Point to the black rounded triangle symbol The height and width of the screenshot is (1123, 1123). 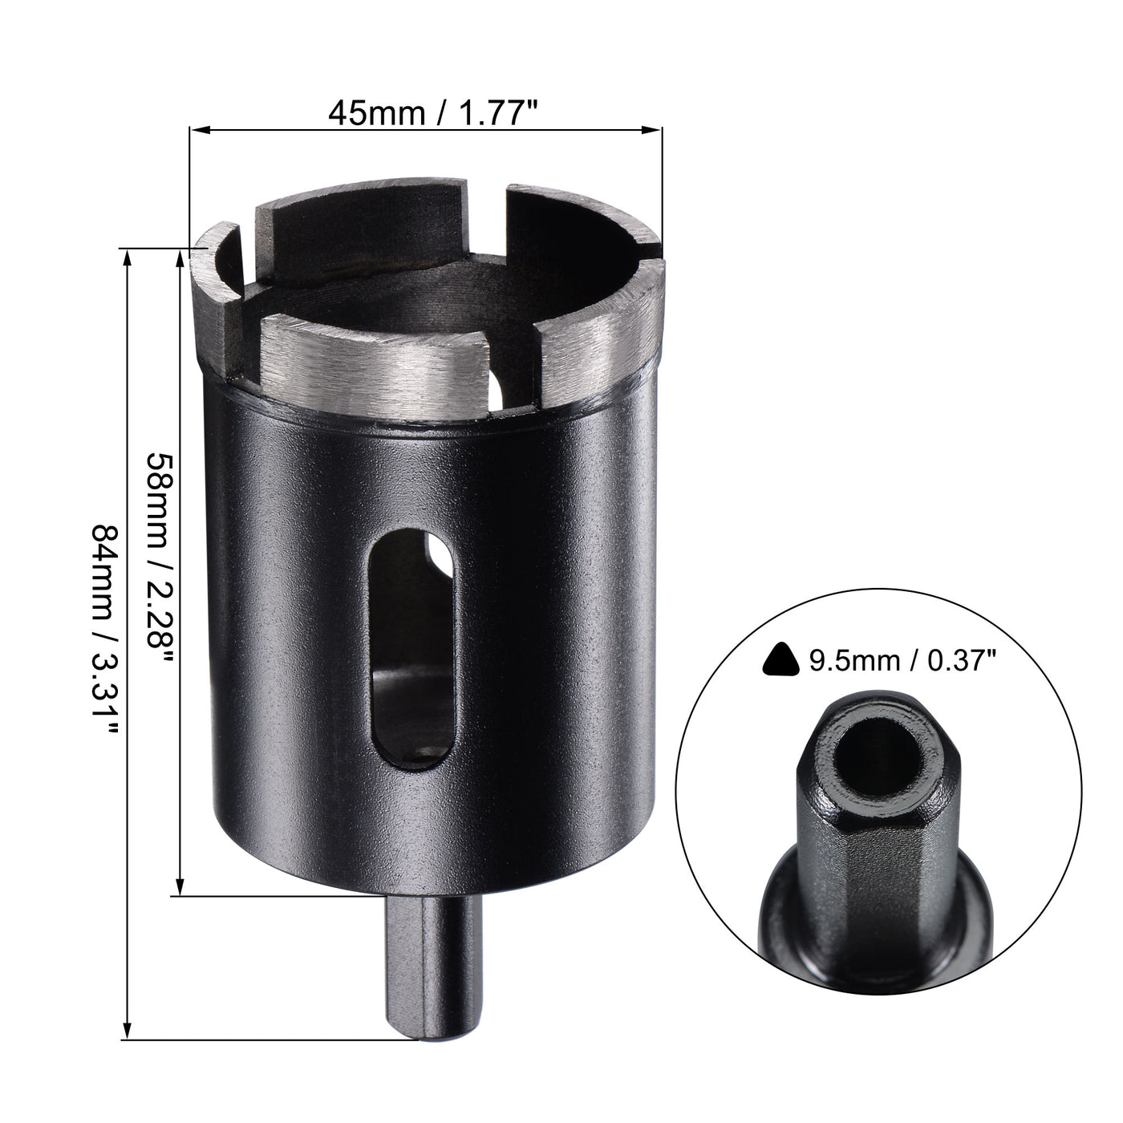(x=782, y=660)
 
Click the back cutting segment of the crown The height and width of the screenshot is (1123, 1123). (x=361, y=201)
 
